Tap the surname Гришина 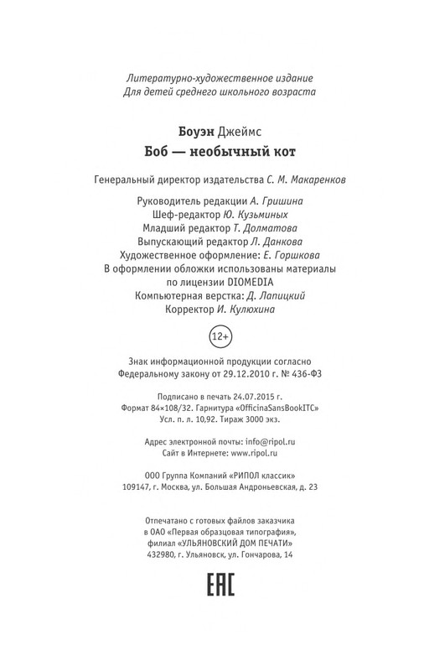click(277, 201)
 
